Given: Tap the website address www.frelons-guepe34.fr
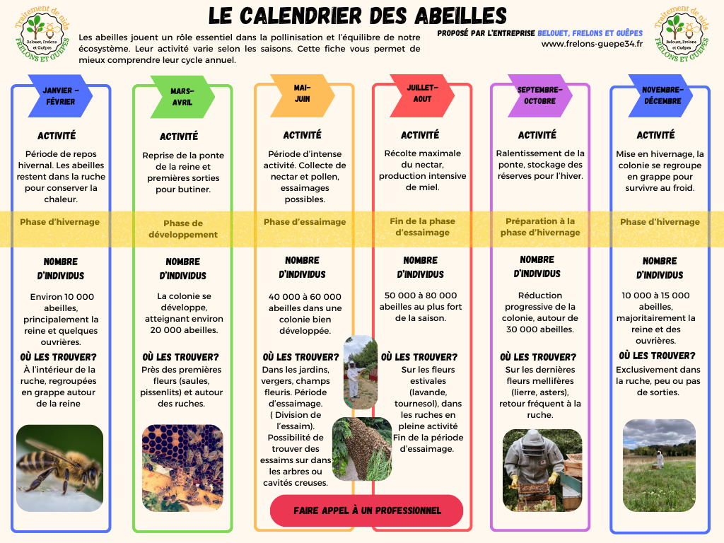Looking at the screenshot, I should click(x=591, y=45).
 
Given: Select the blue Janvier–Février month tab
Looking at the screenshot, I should click(x=59, y=96).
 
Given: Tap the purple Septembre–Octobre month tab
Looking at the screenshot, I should click(x=540, y=95).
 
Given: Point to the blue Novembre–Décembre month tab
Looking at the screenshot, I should click(x=662, y=95).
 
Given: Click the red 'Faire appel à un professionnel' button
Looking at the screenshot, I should click(x=366, y=510).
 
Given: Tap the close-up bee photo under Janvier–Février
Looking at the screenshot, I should click(x=59, y=467).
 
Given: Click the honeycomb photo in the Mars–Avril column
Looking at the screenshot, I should click(x=182, y=467).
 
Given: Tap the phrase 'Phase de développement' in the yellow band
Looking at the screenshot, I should click(x=183, y=229).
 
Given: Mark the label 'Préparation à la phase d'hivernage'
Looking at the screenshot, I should click(x=540, y=227).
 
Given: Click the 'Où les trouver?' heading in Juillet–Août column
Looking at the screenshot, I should click(x=419, y=357).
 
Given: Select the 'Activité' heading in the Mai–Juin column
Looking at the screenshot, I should click(x=302, y=135).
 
